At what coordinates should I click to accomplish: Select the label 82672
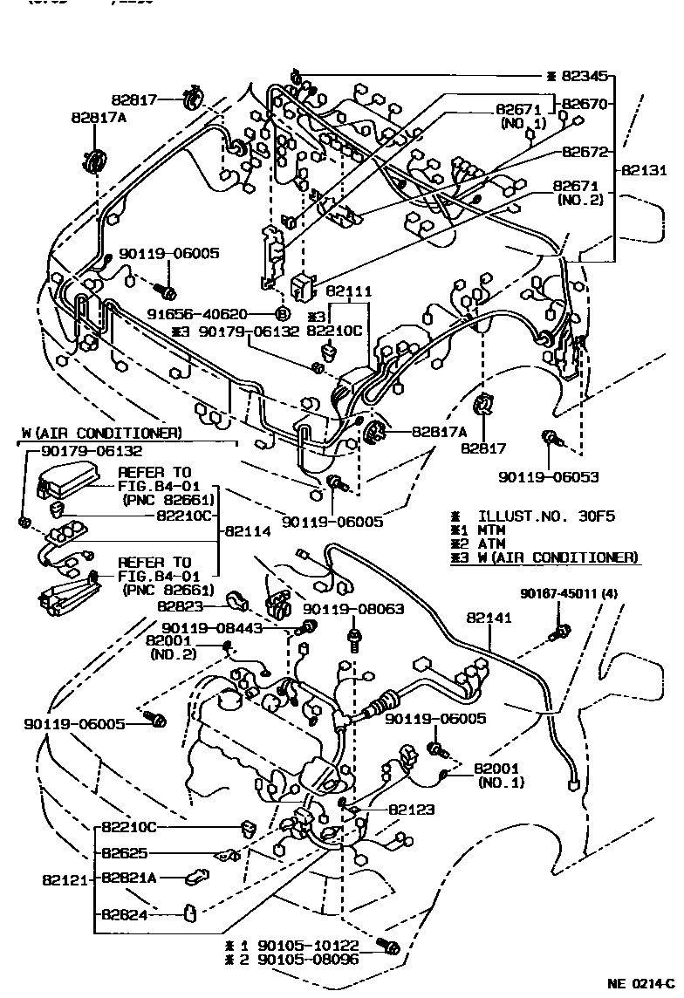(585, 151)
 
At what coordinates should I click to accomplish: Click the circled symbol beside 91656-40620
(282, 314)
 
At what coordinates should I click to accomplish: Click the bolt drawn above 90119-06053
(550, 440)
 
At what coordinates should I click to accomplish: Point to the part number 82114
(252, 530)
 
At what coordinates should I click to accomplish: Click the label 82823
(182, 605)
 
